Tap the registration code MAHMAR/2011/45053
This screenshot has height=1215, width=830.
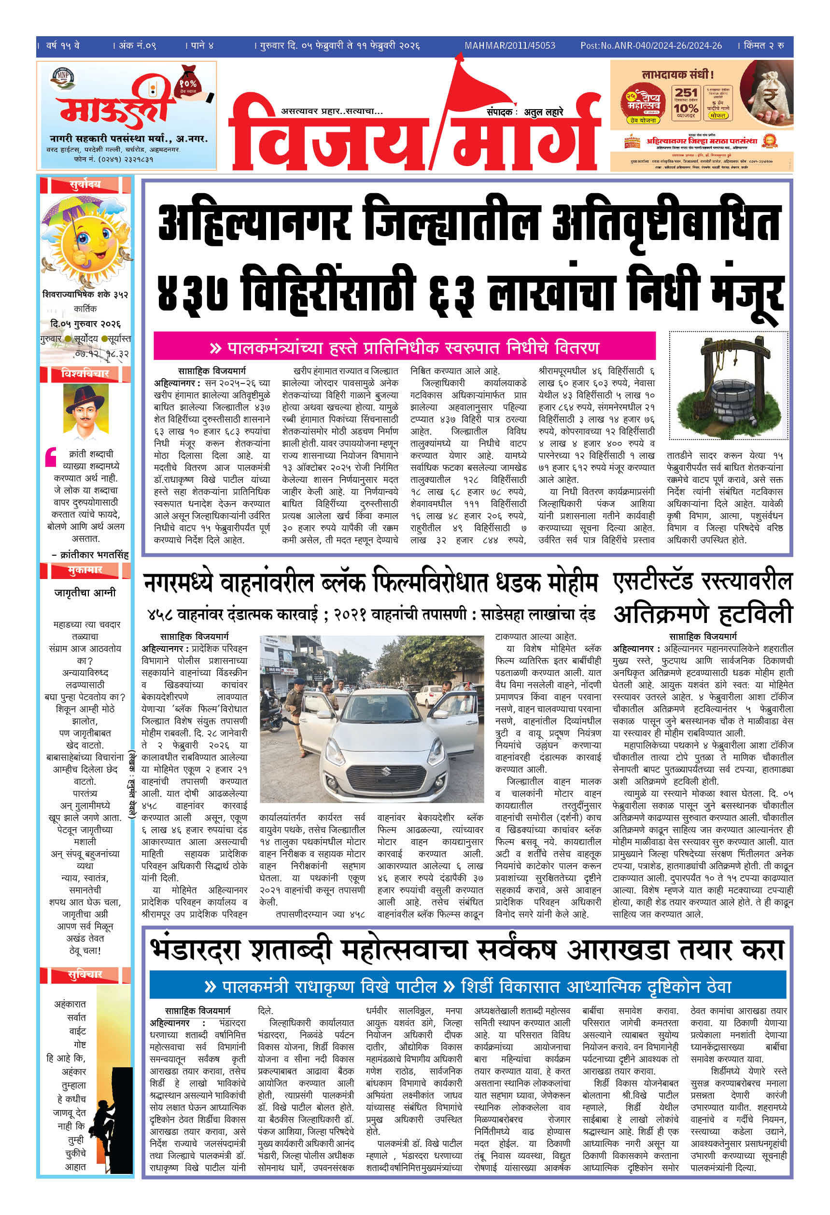pos(509,45)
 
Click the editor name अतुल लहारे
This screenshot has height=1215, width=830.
pos(543,112)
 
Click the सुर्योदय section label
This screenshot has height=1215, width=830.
pos(85,184)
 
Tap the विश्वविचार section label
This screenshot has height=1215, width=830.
pos(85,373)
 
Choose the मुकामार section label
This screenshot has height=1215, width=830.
pos(85,569)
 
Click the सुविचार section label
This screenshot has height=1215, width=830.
pos(85,975)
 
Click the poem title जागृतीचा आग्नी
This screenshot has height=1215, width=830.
pos(85,593)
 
